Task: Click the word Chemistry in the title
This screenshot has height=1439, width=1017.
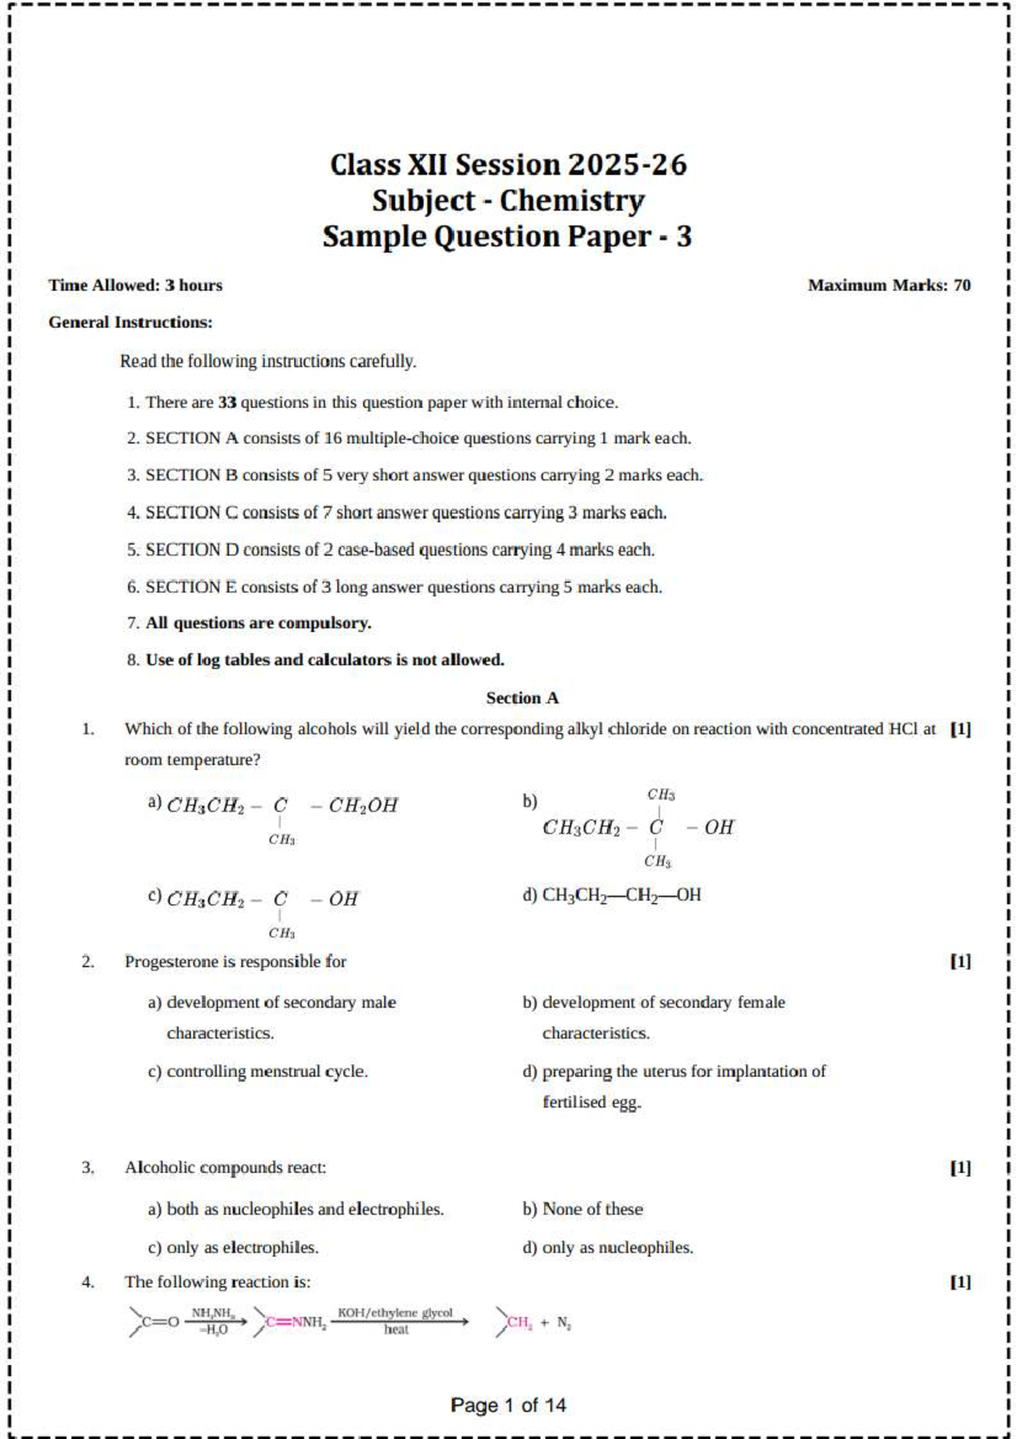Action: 572,201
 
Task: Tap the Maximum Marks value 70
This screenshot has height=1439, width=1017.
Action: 962,286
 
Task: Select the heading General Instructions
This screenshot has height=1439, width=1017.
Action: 131,322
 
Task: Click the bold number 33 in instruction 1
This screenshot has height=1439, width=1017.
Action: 227,403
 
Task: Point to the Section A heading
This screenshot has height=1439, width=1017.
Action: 522,698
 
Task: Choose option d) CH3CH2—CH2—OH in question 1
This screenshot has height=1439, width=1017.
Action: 613,895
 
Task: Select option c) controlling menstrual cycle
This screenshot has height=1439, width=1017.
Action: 258,1072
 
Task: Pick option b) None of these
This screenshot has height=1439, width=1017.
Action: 583,1209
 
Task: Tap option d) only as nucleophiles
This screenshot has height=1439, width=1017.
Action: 609,1248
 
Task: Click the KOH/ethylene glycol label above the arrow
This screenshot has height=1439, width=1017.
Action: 395,1313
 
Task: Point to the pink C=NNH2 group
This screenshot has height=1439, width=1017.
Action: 296,1322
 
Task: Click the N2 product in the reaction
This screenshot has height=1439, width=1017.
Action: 564,1323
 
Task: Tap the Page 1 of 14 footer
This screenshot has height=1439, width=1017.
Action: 508,1406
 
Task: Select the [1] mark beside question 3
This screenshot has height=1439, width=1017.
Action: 960,1168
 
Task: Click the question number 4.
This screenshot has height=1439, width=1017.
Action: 88,1282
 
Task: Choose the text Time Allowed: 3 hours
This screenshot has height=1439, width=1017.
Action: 136,286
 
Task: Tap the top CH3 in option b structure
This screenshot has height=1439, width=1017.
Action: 661,795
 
